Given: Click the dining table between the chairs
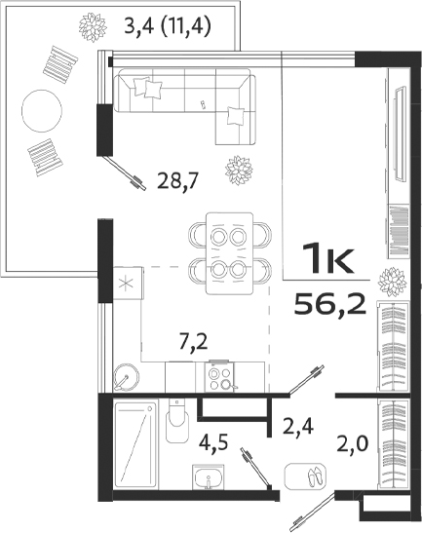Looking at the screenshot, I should (x=230, y=251).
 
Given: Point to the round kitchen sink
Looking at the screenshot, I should (x=126, y=376).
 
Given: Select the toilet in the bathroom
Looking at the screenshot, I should (x=176, y=424).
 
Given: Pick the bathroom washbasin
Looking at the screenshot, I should (x=206, y=479).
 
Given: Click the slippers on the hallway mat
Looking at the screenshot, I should (x=311, y=476).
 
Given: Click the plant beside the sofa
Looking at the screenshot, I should (x=239, y=171).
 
